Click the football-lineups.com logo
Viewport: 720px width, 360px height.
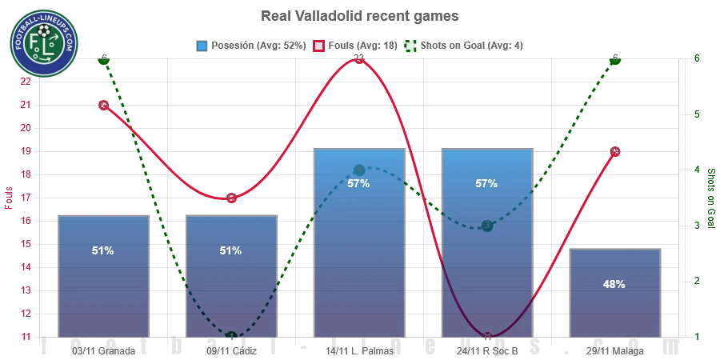(x=43, y=43)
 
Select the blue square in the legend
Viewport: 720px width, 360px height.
(x=202, y=46)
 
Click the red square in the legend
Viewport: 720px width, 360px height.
(x=318, y=46)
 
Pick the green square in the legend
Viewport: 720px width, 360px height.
(x=410, y=46)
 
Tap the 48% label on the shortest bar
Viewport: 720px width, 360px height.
(x=614, y=284)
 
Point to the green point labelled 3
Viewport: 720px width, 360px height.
(x=487, y=225)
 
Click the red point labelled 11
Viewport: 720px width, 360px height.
(x=487, y=336)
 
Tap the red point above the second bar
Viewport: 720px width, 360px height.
(x=231, y=198)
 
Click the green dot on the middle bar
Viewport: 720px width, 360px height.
(x=358, y=170)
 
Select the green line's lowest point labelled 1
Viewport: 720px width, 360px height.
(x=231, y=336)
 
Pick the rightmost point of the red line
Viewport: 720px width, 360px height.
(x=614, y=150)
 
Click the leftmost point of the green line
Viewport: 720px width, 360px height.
(x=103, y=59)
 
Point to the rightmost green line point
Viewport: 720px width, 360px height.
(x=614, y=59)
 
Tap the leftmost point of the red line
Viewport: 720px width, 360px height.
(x=103, y=105)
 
